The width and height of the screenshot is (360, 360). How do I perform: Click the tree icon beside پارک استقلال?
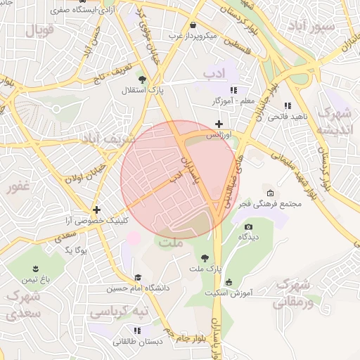pyautogui.click(x=143, y=79)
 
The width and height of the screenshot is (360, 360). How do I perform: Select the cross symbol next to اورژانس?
pyautogui.click(x=219, y=124)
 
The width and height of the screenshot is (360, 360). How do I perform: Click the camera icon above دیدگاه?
pyautogui.click(x=248, y=226)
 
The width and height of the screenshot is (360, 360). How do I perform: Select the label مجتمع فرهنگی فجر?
pyautogui.click(x=275, y=205)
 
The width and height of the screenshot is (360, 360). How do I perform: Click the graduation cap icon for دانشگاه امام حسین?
pyautogui.click(x=138, y=278)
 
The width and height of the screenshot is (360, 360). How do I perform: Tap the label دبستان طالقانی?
pyautogui.click(x=138, y=341)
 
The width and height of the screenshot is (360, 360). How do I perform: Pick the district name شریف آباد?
pyautogui.click(x=106, y=139)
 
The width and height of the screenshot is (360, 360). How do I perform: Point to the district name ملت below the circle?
pyautogui.click(x=172, y=243)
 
